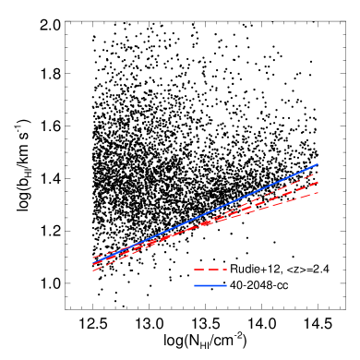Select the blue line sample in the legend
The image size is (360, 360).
coord(210,285)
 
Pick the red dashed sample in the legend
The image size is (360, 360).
coord(210,270)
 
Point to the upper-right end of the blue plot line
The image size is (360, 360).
coord(318,164)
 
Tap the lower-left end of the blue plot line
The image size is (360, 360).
coord(92,264)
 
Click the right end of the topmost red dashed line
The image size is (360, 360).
coord(318,173)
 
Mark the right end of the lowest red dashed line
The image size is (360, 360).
coord(318,193)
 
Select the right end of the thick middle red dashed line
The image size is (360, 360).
coord(318,183)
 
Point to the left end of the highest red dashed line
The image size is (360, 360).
coord(92,257)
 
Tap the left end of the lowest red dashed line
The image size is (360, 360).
coord(92,270)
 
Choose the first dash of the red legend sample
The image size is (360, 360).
coord(198,270)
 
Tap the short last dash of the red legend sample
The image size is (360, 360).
coord(224,270)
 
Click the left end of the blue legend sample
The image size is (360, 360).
coord(195,285)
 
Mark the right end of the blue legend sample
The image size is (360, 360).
coord(226,285)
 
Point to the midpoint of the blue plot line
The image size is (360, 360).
coord(205,214)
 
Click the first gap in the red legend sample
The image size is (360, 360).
coord(205,270)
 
